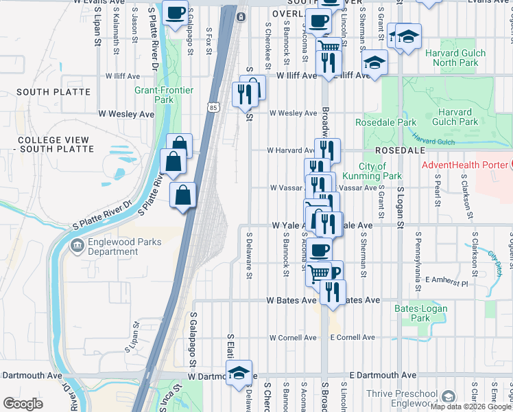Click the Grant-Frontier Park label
coord(164,95)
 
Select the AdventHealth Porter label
coord(465,165)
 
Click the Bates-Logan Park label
coord(420,313)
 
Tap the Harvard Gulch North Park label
coord(455,58)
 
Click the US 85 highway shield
coord(213,108)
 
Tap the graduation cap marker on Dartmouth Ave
coord(239,374)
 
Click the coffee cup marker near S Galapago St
coord(176,13)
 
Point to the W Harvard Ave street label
coord(290,150)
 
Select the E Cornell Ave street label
coord(353,338)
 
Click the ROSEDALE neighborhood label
coord(401,150)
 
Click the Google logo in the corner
coord(23,404)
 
